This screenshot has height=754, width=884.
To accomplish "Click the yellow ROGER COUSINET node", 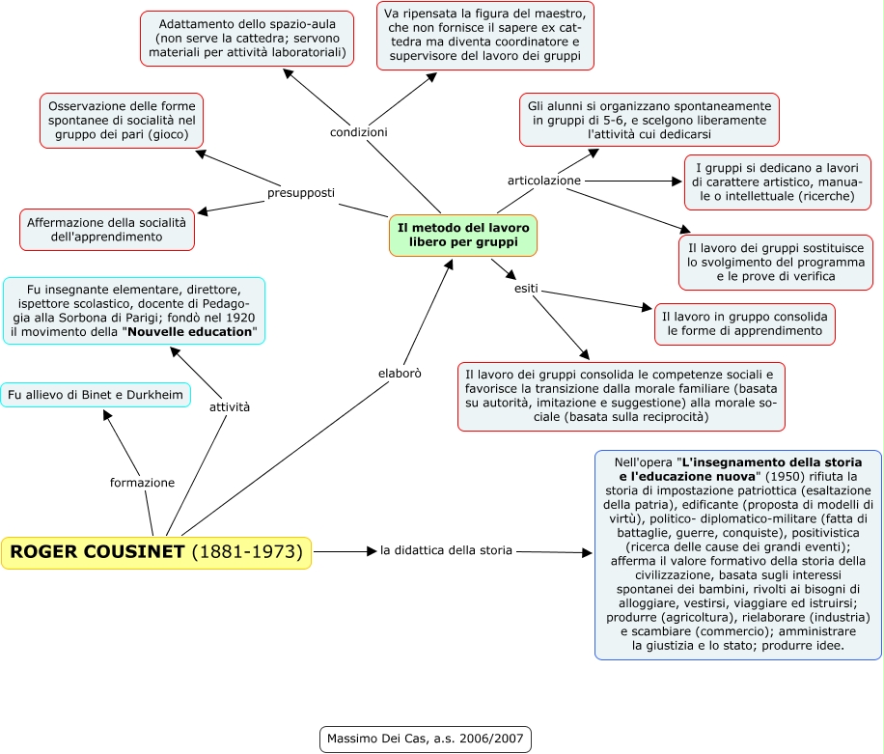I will pos(156,552).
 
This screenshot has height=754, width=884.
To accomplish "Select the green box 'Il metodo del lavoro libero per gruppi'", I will pos(463,235).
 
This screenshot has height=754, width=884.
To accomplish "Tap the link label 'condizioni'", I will pos(359,132).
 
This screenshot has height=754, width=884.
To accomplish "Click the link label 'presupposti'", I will pos(301,193).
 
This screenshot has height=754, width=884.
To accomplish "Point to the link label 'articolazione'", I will pos(544,181).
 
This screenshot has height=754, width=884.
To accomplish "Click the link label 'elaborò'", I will pos(399,372).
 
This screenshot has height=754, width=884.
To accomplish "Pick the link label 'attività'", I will pos(230,407).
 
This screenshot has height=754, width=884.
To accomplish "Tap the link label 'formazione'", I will pos(142,482).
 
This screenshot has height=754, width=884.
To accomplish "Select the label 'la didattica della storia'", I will pos(446,551).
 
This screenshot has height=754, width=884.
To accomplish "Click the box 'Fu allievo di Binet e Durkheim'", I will pos(96,395).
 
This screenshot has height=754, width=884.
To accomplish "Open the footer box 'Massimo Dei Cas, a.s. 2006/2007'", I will pos(425,740).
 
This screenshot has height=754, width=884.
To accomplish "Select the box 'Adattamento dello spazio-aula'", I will pos(247,38).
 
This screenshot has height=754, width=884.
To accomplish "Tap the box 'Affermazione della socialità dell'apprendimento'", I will pos(107,230).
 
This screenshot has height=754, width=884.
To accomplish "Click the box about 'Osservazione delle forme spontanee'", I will pos(122,120).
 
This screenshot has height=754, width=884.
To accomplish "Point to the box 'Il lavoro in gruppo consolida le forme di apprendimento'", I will pos(744,323).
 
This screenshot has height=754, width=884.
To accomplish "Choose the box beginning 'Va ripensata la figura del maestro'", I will pos(484,36).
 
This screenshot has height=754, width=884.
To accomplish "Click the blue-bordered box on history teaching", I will pos(738,554).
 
